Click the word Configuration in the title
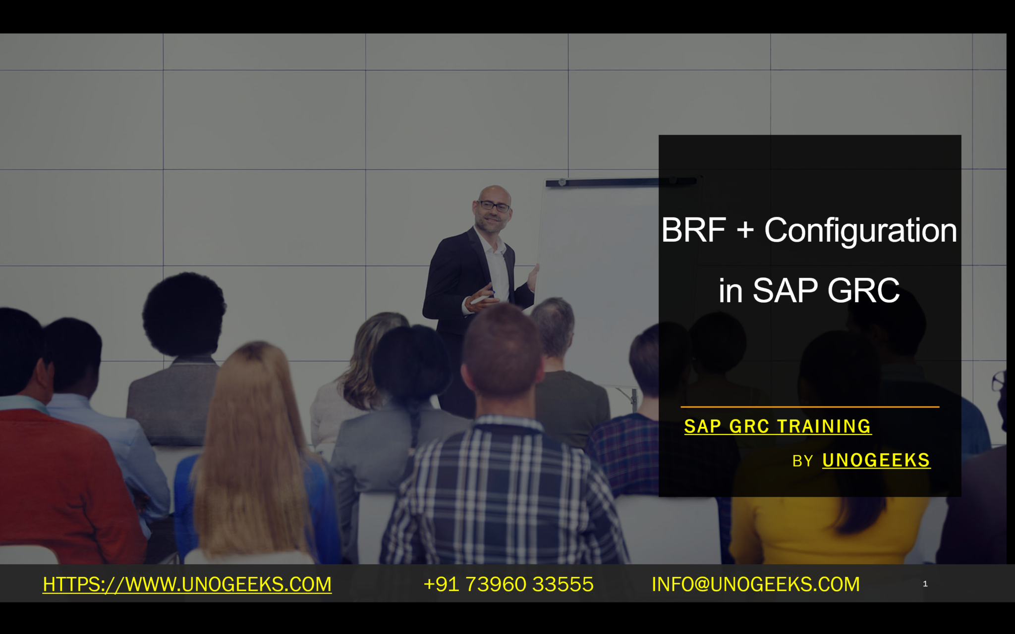[860, 231]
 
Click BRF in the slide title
[693, 230]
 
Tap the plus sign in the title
[745, 231]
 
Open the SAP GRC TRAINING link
[778, 426]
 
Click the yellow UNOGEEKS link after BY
[876, 460]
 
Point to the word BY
[802, 461]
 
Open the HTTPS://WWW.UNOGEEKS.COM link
[187, 584]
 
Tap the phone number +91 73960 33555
[508, 584]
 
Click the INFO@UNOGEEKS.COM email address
[756, 584]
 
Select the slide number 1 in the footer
[925, 584]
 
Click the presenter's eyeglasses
[494, 206]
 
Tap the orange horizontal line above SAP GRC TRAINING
[810, 407]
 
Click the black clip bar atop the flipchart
[622, 182]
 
